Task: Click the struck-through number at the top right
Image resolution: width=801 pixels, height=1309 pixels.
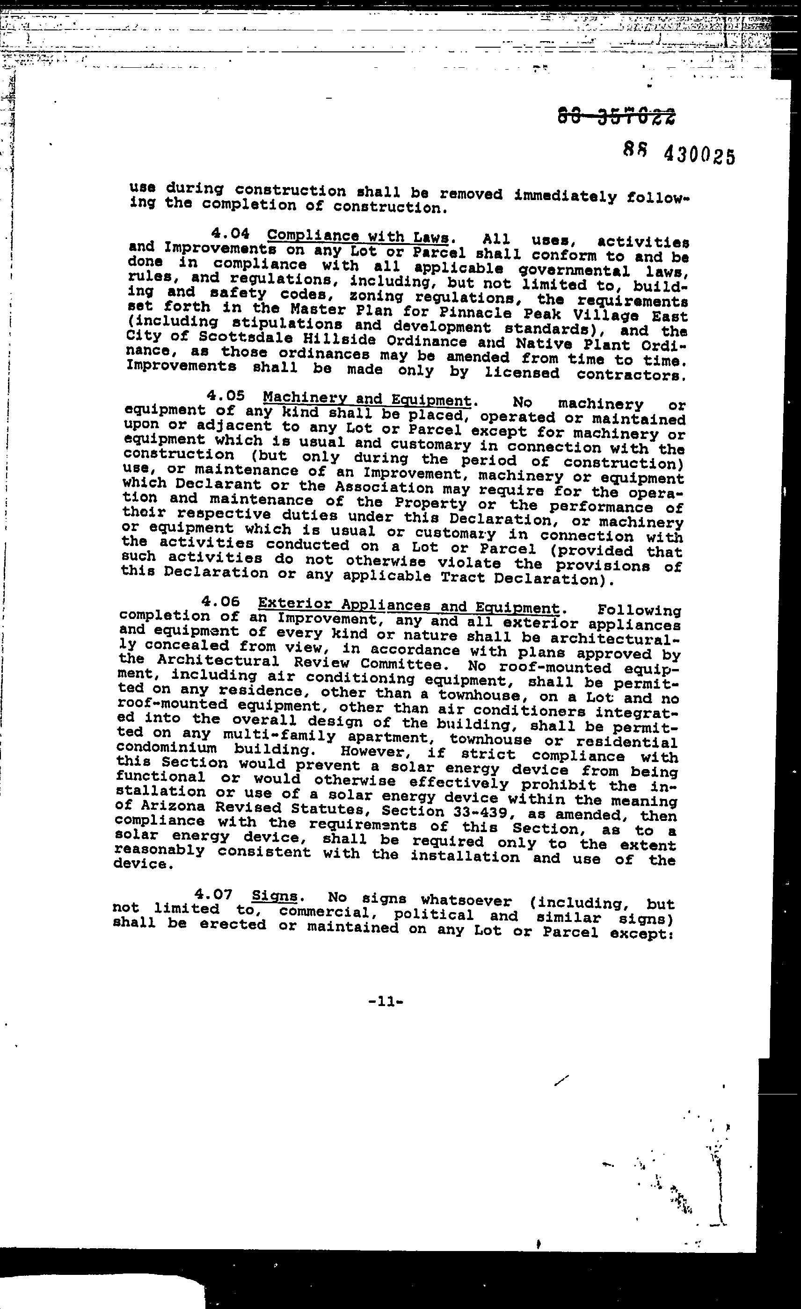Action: (617, 115)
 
